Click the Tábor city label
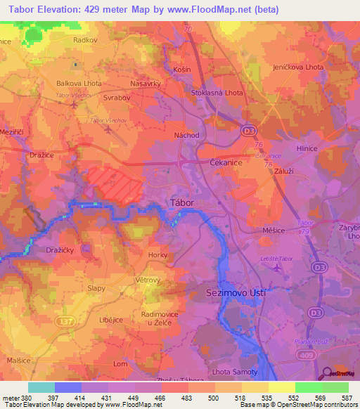(182, 203)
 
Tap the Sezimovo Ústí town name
(236, 291)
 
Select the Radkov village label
(84, 41)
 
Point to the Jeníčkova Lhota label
(298, 67)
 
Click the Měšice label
(274, 230)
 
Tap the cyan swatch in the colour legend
(41, 387)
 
